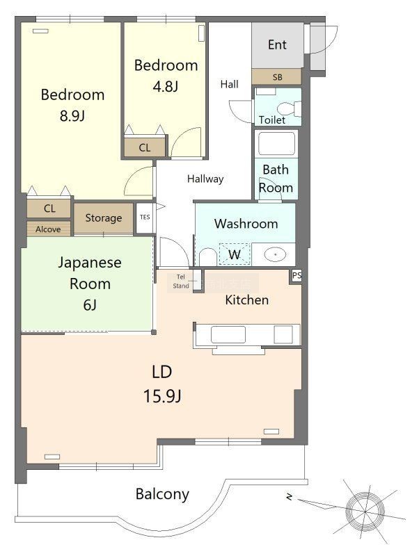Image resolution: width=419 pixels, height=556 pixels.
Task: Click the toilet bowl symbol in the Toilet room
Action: coord(288,108)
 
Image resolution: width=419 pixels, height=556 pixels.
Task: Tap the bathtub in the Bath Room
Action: coord(276,143)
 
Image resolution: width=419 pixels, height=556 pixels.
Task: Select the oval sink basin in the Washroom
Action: coord(275,254)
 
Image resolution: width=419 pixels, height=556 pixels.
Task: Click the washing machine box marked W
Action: coord(235,254)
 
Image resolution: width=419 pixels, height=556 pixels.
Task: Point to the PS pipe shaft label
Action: coord(297,275)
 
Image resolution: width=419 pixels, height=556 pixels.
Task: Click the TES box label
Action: coord(145,217)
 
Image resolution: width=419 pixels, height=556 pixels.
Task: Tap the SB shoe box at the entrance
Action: coord(277,76)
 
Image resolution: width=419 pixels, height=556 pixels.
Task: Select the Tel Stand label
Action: coord(181,281)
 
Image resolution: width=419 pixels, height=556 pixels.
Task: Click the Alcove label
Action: coord(48,229)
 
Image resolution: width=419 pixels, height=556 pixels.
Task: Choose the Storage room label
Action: coord(103,218)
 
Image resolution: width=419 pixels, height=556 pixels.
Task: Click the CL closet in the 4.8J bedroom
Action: coord(145,147)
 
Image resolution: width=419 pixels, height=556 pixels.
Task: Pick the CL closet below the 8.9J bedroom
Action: coord(49,208)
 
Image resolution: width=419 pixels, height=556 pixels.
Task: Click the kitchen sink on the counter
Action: coord(228,334)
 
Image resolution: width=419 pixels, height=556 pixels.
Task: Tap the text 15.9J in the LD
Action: coord(162,395)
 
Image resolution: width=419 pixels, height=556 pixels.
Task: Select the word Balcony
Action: coord(162,494)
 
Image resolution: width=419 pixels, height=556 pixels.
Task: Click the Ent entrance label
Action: coord(277,44)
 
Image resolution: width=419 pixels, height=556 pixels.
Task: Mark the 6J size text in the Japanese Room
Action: coord(90,304)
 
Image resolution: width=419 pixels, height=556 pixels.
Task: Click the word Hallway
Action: coord(205,179)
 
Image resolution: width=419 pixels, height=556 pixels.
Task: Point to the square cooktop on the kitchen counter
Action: coord(283,334)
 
